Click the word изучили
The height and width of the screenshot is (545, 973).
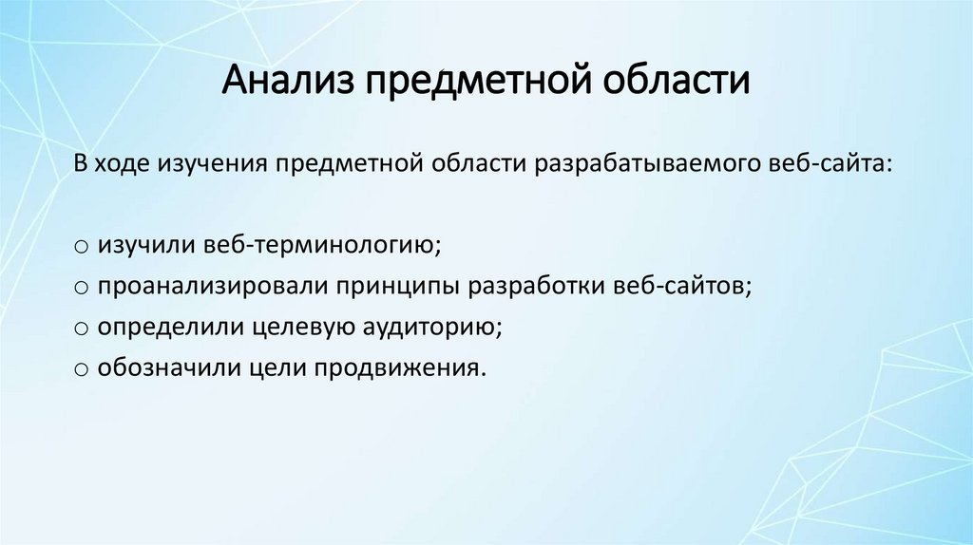click(x=144, y=246)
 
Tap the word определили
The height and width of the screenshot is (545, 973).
click(x=166, y=328)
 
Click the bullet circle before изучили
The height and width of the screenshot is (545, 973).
click(x=81, y=247)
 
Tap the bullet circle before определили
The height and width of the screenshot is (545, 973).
click(x=81, y=329)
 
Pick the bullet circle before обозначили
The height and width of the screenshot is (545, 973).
click(x=81, y=369)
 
